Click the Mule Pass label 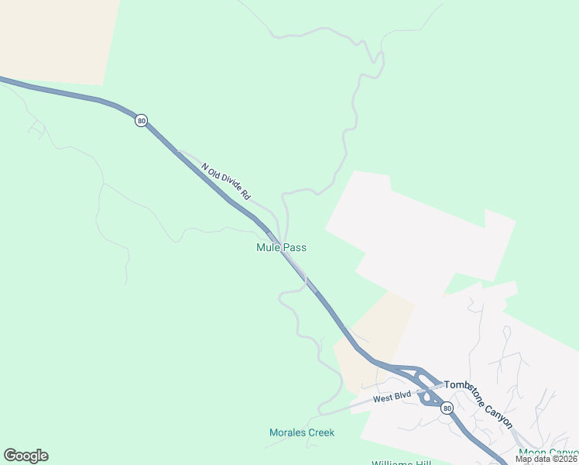coord(281,248)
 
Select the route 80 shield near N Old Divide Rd coord(140,121)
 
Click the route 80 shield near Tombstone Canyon coord(446,408)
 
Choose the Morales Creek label coord(302,432)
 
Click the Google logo coord(26,456)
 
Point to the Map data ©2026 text coord(546,459)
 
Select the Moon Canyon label coord(549,453)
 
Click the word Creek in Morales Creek coord(320,432)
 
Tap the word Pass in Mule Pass coord(295,248)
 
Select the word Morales coord(287,432)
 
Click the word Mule coord(268,248)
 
